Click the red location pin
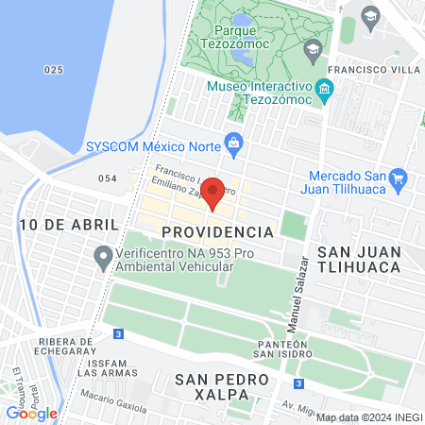(x=213, y=192)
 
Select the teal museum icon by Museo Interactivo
(x=325, y=91)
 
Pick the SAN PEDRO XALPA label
(x=222, y=386)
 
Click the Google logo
(x=31, y=413)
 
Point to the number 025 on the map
(x=53, y=70)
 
